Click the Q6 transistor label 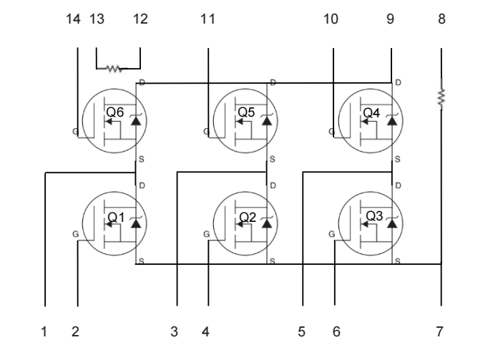tap(115, 112)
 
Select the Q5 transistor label tap(246, 112)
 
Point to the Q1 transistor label tap(116, 216)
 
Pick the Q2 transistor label tap(247, 216)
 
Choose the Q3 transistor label tap(374, 215)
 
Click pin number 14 tap(74, 19)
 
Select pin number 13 tap(97, 19)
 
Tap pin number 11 tap(208, 19)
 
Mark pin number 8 tap(441, 19)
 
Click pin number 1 tap(44, 331)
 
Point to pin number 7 tap(440, 331)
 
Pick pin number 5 tap(301, 331)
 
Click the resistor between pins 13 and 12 tap(113, 69)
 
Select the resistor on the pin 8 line tap(441, 96)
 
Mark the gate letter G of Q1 tap(75, 234)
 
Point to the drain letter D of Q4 tap(398, 83)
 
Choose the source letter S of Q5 tap(272, 158)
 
